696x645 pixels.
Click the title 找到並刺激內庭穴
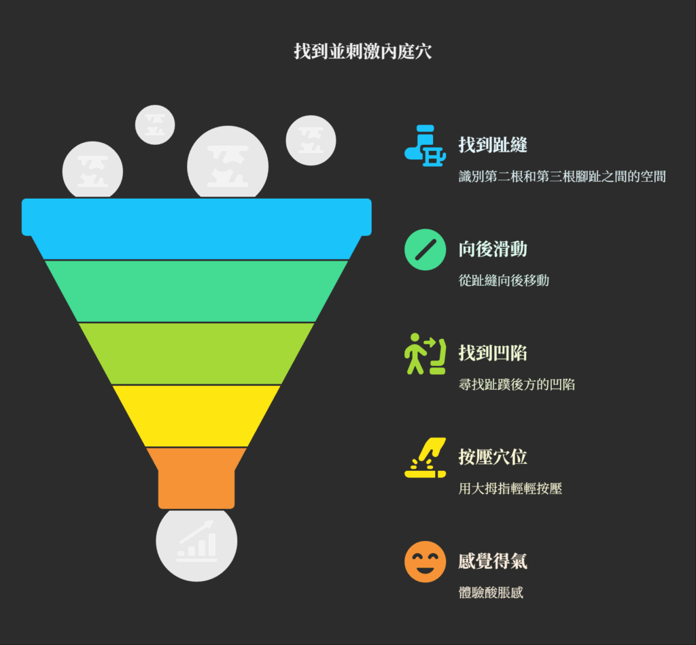coord(363,52)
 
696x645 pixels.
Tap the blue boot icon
coord(425,145)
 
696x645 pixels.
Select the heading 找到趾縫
coord(493,145)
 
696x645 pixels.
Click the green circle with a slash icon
coord(425,250)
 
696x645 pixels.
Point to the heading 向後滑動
coord(493,249)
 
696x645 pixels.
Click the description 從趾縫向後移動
coord(504,280)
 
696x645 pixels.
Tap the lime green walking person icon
coord(425,354)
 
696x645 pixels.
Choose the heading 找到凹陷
coord(493,353)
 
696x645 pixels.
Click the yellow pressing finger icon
coord(425,457)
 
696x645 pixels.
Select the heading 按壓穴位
coord(493,457)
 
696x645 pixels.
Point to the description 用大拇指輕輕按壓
coord(510,489)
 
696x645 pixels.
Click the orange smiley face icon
coord(425,561)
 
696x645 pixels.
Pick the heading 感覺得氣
coord(493,561)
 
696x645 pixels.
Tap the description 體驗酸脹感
coord(491,593)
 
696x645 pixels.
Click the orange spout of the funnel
coord(196,478)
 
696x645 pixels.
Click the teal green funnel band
coord(196,291)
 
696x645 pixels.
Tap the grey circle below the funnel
coord(196,544)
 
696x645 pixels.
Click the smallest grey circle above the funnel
coord(155,125)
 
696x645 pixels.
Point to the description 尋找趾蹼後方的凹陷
coord(517,384)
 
